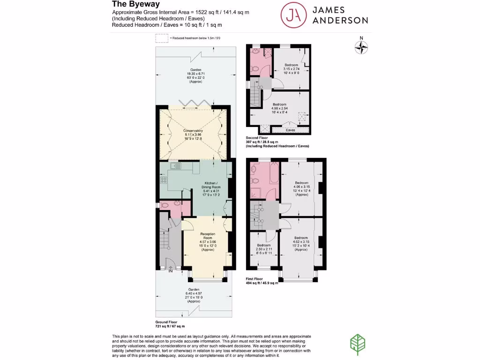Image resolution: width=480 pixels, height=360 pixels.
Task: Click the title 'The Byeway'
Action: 133,4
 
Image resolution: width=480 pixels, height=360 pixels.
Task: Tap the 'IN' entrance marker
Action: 171,271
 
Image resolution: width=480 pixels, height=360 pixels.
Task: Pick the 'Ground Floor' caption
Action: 170,324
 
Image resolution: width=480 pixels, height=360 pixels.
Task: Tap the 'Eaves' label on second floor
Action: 291,130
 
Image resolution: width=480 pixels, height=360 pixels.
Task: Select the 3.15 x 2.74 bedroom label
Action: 292,68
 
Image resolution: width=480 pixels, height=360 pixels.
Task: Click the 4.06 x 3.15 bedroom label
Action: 301,188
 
